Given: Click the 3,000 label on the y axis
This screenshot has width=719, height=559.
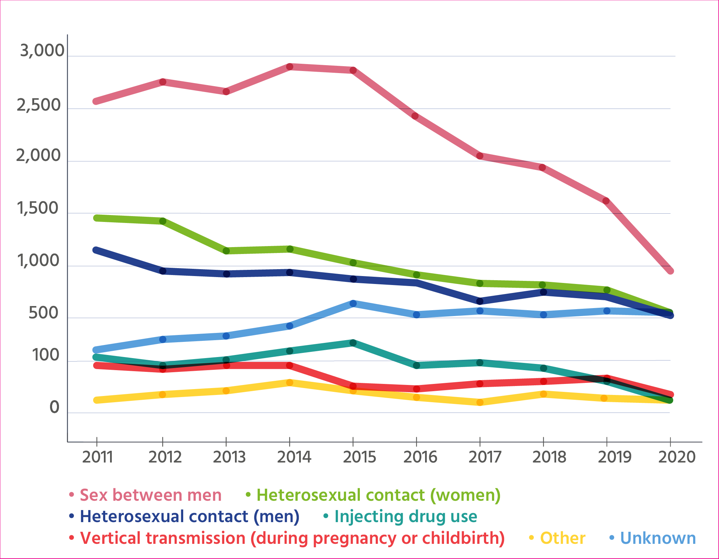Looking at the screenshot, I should click(42, 51).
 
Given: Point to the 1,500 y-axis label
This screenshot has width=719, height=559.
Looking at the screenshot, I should click(38, 208).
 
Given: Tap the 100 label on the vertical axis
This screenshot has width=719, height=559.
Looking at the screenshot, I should click(46, 355).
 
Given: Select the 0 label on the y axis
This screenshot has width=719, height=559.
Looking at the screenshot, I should click(55, 407).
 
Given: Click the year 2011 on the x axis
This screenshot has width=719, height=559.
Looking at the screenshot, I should click(97, 457).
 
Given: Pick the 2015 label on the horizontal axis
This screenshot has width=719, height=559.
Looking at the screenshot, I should click(359, 457).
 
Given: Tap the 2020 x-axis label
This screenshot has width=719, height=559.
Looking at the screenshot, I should click(677, 457).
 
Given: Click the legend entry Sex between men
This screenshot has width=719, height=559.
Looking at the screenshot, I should click(150, 495).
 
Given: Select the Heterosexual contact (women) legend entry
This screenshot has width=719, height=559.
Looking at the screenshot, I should click(378, 495).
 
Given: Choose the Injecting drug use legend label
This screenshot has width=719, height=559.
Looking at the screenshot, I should click(406, 516).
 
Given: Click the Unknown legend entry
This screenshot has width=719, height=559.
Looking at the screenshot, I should click(658, 538).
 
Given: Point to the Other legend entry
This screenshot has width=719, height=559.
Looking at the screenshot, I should click(562, 538).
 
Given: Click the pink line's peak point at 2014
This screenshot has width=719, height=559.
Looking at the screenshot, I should click(290, 67).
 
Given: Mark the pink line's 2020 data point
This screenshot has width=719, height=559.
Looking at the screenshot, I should click(670, 271).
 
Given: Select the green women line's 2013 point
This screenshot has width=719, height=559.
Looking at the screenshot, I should click(226, 251).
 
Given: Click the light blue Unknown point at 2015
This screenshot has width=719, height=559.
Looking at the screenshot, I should click(353, 303).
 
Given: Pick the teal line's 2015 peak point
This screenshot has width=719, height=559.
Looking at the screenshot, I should click(353, 343).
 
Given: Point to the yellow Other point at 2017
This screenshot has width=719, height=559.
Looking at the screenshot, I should click(480, 402).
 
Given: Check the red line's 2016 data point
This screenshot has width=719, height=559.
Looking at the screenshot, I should click(416, 389).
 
